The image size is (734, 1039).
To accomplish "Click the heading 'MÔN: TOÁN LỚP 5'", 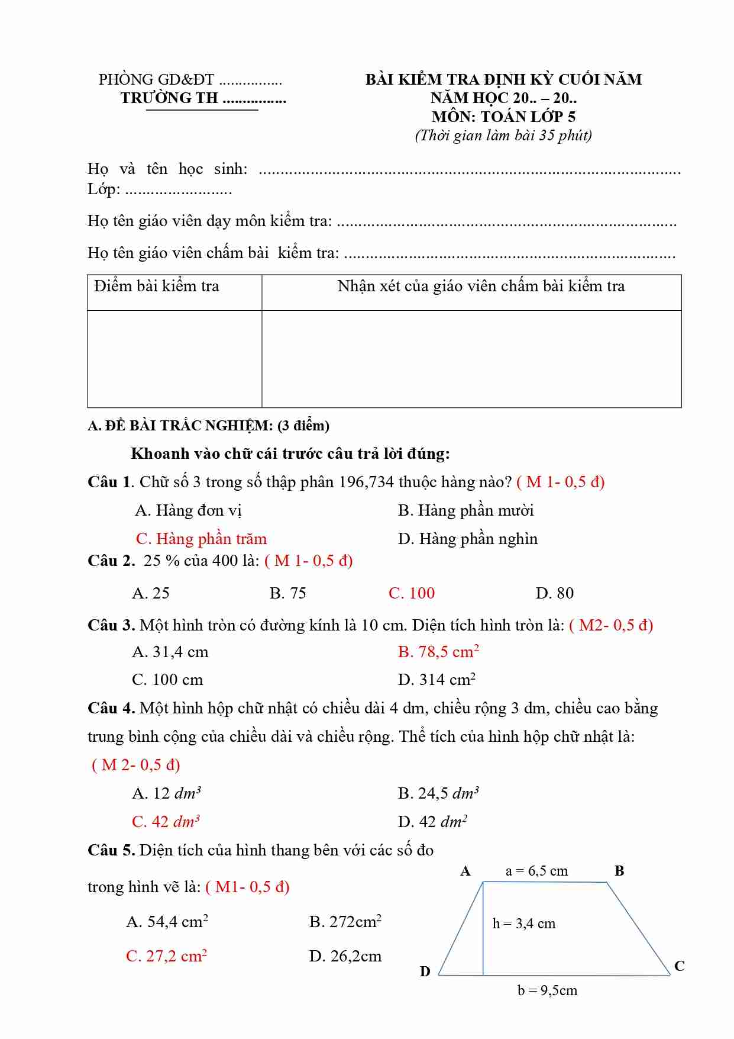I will (x=503, y=117).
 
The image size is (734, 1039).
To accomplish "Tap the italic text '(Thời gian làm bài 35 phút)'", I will (x=503, y=136).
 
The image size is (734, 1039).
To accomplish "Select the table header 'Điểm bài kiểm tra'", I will (x=157, y=287).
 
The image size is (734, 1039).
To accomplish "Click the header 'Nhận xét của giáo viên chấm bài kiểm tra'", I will (x=481, y=287).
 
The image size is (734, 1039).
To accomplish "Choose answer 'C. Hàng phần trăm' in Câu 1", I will (x=201, y=539).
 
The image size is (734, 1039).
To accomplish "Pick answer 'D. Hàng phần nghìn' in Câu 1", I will (x=468, y=539).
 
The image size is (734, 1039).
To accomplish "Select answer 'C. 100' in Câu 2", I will (x=412, y=593).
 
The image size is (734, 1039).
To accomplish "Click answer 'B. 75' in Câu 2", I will (x=288, y=593).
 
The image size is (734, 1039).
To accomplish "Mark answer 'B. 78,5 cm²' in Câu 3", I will (x=438, y=652).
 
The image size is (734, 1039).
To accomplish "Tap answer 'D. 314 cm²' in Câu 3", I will (x=437, y=680).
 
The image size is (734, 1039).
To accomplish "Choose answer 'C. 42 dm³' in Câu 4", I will (x=166, y=822).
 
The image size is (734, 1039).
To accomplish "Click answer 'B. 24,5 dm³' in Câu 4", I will (x=438, y=793).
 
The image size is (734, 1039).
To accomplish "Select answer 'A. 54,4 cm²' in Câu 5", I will (x=167, y=922).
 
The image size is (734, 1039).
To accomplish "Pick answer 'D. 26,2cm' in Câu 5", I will (x=345, y=956).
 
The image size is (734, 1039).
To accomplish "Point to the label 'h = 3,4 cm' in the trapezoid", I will (x=524, y=924).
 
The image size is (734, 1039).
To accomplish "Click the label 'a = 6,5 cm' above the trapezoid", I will (x=536, y=871).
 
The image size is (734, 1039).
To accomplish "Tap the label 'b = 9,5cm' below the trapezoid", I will (x=547, y=990).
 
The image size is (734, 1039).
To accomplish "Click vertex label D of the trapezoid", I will (x=425, y=972).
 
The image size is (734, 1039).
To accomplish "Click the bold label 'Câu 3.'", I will (x=111, y=626).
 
